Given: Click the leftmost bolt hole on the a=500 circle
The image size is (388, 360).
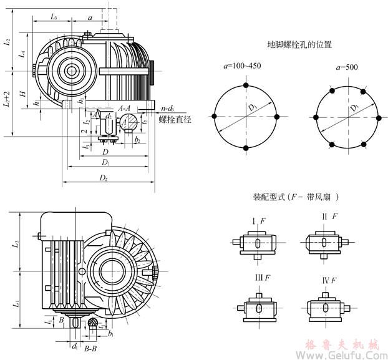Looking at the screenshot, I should (316, 117).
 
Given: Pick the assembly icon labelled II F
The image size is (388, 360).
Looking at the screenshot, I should (324, 240).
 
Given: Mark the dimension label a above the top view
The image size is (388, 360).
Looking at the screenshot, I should (90, 19).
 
